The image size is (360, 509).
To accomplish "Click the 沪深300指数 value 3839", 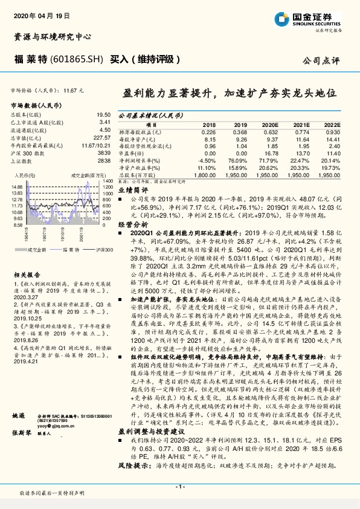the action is point(104,154).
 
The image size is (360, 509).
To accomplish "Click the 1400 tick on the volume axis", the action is point(108,181).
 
